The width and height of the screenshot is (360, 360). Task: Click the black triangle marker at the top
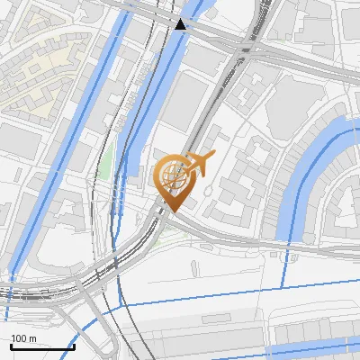[x=181, y=24]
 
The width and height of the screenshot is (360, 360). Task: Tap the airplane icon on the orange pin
[x=199, y=163]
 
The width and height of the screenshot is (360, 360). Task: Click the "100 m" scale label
[x=23, y=337]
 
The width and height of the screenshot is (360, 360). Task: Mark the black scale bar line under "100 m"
[x=42, y=346]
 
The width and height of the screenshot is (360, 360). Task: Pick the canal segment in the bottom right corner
[x=315, y=334]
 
